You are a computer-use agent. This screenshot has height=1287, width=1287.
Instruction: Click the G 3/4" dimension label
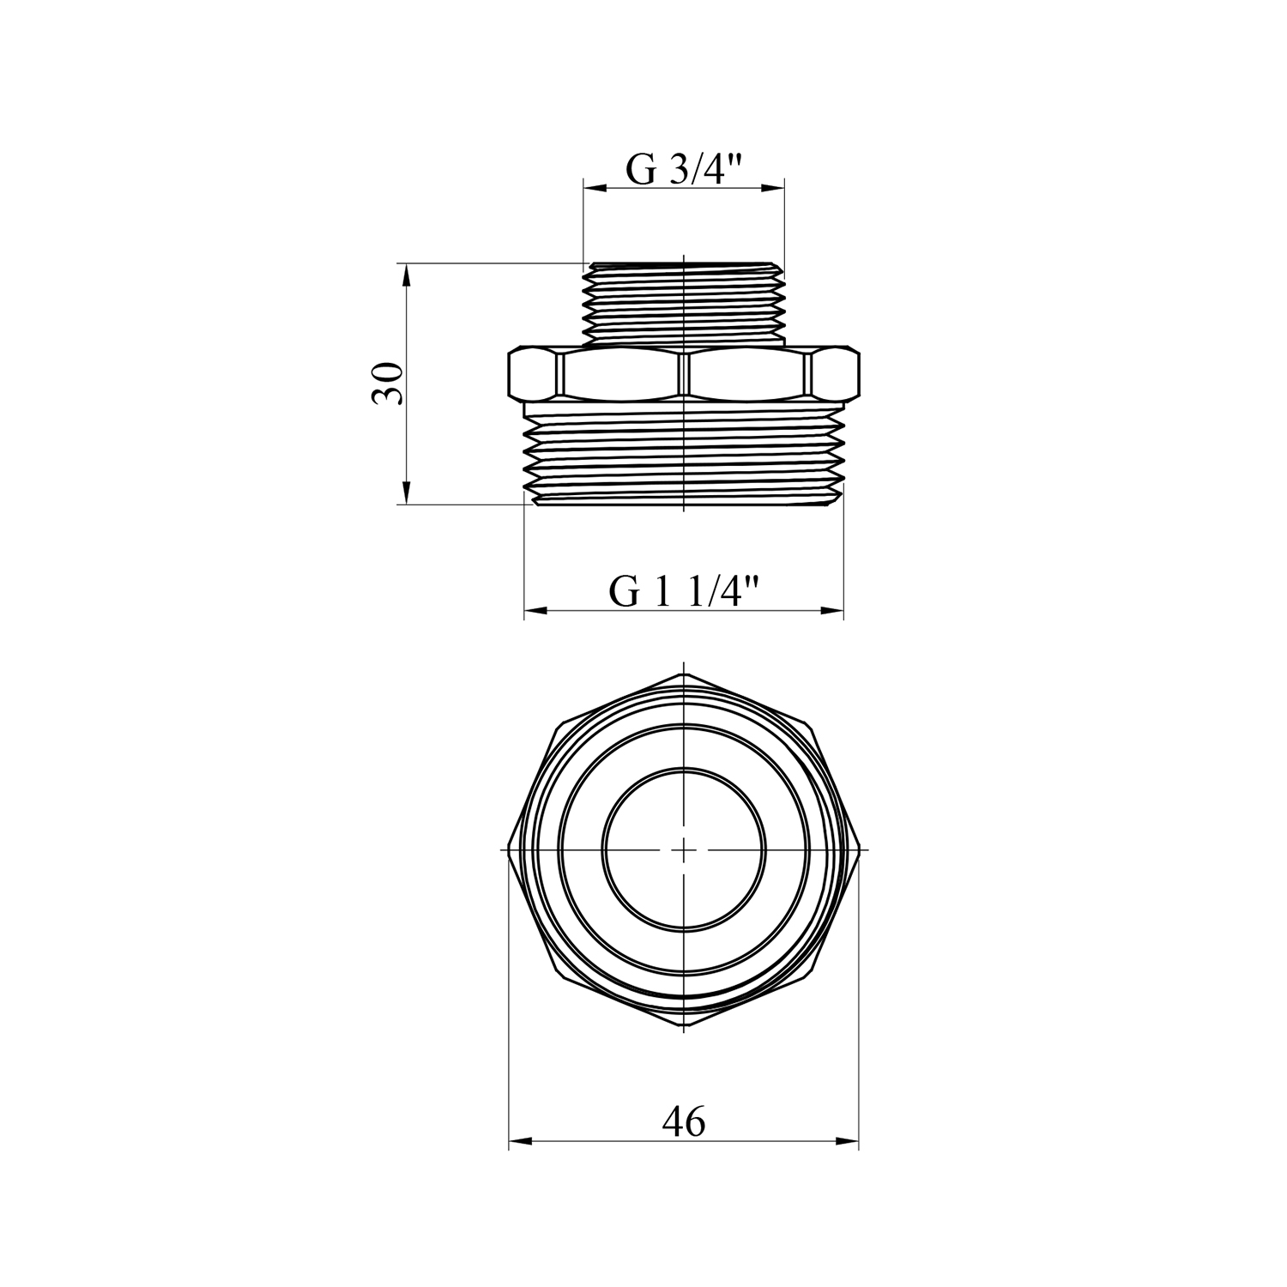683,170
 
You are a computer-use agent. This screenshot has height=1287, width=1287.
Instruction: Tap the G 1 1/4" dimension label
685,592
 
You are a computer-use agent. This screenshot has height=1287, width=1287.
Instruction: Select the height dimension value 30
387,384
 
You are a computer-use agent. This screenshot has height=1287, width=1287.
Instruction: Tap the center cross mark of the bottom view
683,849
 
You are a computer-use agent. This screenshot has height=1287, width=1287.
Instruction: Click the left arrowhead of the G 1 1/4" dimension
536,611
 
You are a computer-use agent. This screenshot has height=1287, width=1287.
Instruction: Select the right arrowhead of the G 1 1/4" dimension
831,611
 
